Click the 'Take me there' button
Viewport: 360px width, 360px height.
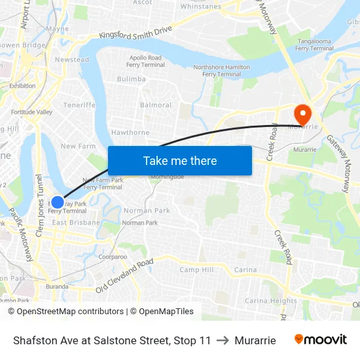pyautogui.click(x=180, y=160)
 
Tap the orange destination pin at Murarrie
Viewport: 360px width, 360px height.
pyautogui.click(x=302, y=115)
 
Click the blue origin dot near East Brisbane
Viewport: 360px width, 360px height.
pyautogui.click(x=58, y=202)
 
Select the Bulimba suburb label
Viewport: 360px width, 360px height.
pyautogui.click(x=131, y=79)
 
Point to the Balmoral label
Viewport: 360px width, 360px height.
pyautogui.click(x=156, y=105)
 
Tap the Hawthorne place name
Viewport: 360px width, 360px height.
pyautogui.click(x=130, y=132)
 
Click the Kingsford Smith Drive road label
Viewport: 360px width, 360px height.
pyautogui.click(x=135, y=33)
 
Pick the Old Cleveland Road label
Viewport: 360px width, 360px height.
pyautogui.click(x=124, y=276)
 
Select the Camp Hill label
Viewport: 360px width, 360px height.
pyautogui.click(x=196, y=270)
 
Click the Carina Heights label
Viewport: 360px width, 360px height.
pyautogui.click(x=270, y=301)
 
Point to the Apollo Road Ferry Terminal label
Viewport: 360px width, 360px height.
pyautogui.click(x=145, y=62)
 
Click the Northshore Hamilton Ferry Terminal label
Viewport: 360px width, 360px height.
pyautogui.click(x=222, y=71)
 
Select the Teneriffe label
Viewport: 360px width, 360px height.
pyautogui.click(x=79, y=105)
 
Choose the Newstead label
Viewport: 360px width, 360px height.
pyautogui.click(x=71, y=60)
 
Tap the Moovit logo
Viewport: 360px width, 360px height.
pyautogui.click(x=320, y=340)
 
